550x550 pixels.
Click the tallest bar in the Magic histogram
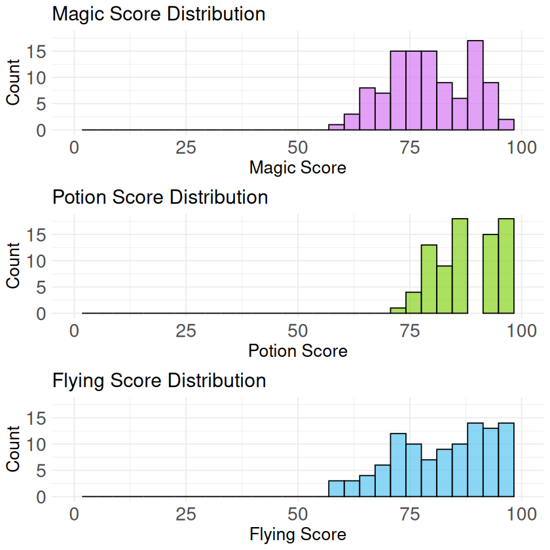[x=475, y=86]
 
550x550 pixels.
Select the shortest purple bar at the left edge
[x=336, y=127]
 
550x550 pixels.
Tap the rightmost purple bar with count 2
[x=506, y=124]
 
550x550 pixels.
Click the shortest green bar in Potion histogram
[x=398, y=310]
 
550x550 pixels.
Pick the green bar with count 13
[x=429, y=279]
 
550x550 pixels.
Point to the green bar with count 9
[x=445, y=289]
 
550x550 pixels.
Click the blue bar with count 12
[x=398, y=465]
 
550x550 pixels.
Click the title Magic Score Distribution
[x=158, y=14]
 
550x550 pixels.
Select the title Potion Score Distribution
[x=160, y=197]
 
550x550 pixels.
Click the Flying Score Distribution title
[x=159, y=380]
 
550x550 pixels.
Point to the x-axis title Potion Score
[x=298, y=351]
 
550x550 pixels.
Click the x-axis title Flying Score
[x=298, y=534]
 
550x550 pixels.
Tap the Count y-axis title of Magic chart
[x=14, y=82]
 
